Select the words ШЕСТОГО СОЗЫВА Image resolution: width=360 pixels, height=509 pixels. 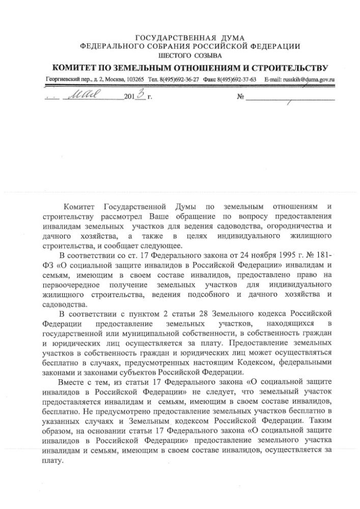pyautogui.click(x=189, y=54)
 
